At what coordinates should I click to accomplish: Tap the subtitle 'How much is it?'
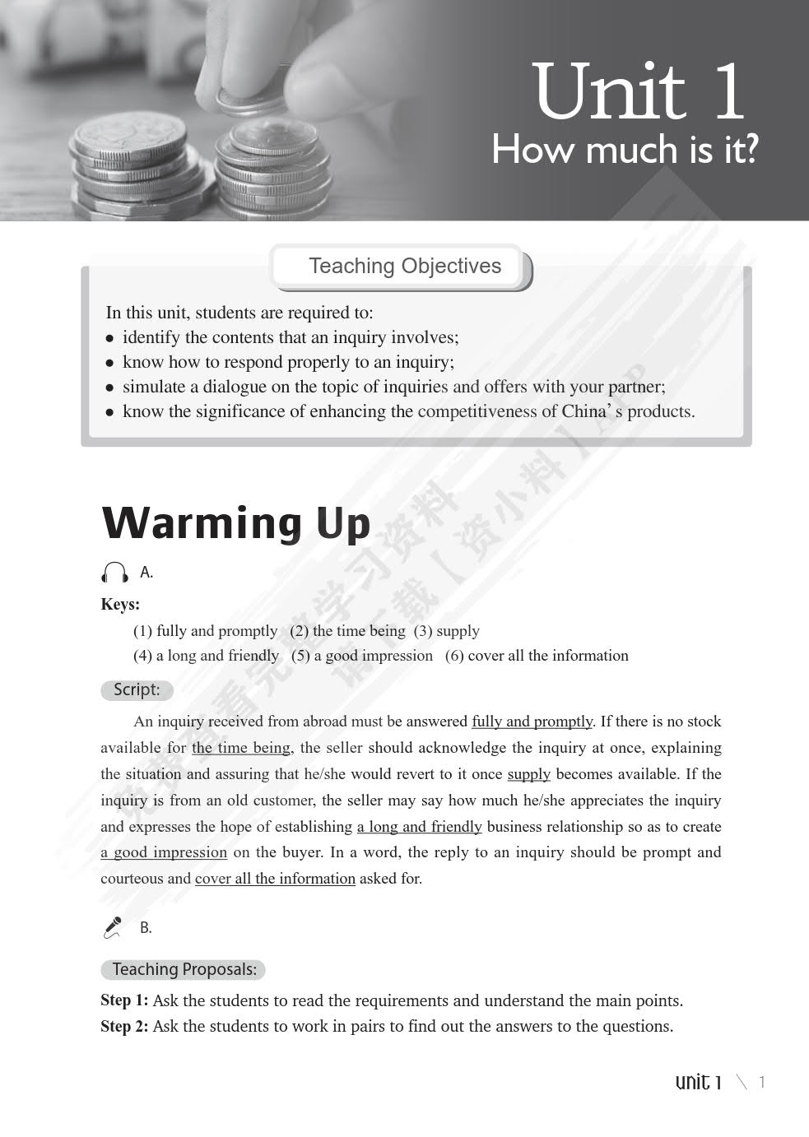click(624, 150)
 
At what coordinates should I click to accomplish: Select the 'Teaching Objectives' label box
click(404, 267)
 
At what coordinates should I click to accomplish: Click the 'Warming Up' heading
click(236, 522)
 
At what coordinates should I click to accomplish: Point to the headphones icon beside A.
click(115, 573)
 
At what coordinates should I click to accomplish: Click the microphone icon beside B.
click(113, 927)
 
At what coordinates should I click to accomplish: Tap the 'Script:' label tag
click(137, 689)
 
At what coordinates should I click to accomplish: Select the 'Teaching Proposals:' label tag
click(184, 969)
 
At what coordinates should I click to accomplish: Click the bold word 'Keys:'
click(120, 604)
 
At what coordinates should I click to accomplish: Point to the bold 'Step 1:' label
click(124, 1000)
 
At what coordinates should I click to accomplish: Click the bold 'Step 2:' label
click(124, 1026)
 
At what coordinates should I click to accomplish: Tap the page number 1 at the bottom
click(762, 1082)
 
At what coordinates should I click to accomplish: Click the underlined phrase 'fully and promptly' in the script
click(532, 722)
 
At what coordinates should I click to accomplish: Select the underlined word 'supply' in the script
click(528, 774)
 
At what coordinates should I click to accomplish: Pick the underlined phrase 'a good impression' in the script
click(164, 852)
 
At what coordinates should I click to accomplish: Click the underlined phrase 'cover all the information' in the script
click(275, 879)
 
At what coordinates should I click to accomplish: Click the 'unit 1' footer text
click(698, 1082)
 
